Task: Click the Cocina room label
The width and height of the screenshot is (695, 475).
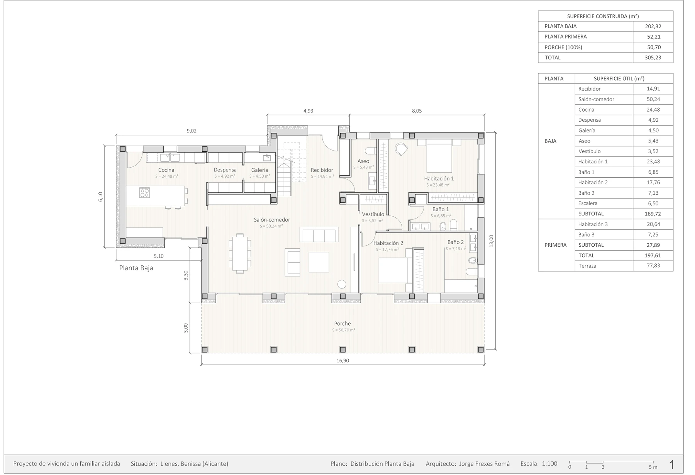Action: pyautogui.click(x=166, y=170)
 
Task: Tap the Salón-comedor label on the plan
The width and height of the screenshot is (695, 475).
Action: pyautogui.click(x=272, y=220)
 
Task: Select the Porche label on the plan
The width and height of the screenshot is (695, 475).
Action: pyautogui.click(x=342, y=324)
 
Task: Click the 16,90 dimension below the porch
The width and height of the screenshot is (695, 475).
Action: pyautogui.click(x=343, y=361)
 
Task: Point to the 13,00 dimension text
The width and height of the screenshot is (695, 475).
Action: pyautogui.click(x=491, y=241)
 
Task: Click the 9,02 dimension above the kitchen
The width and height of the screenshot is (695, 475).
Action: pyautogui.click(x=192, y=131)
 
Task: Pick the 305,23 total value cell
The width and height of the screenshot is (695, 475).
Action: pyautogui.click(x=653, y=58)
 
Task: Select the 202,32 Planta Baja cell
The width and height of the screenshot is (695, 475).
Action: pyautogui.click(x=653, y=26)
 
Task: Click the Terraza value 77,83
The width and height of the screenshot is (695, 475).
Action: pyautogui.click(x=653, y=266)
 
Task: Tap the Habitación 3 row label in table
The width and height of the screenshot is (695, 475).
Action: pyautogui.click(x=593, y=224)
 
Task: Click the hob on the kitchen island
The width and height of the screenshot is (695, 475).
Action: pyautogui.click(x=144, y=193)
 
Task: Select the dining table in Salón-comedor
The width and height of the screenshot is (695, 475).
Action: pyautogui.click(x=240, y=253)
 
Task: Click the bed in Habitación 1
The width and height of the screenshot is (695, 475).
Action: pyautogui.click(x=439, y=156)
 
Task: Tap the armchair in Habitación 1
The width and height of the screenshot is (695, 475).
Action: pyautogui.click(x=402, y=149)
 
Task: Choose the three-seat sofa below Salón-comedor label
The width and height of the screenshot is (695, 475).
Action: pyautogui.click(x=319, y=235)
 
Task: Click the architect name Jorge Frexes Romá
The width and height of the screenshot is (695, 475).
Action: pyautogui.click(x=484, y=464)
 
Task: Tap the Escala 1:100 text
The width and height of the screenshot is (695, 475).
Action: pyautogui.click(x=539, y=464)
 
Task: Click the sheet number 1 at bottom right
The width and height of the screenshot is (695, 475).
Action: pyautogui.click(x=671, y=465)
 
